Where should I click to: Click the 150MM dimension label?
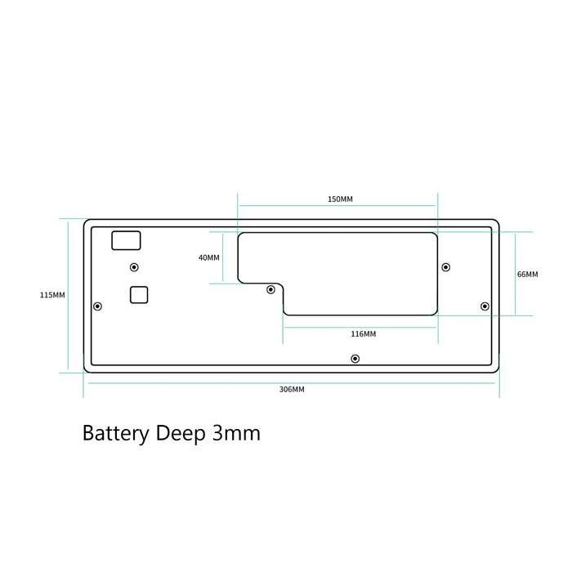(340, 199)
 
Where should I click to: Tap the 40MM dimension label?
(209, 258)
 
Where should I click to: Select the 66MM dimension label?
(528, 275)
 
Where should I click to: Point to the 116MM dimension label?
(364, 333)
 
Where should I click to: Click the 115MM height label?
(52, 295)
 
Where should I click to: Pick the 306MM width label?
(292, 389)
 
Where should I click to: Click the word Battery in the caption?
(116, 434)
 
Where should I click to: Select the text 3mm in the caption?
(236, 433)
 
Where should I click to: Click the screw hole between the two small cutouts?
(134, 267)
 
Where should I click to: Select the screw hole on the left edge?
(97, 306)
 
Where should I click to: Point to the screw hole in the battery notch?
(270, 289)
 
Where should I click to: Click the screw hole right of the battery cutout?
(446, 267)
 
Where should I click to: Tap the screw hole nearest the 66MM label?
(485, 306)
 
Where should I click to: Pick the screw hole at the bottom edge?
(355, 359)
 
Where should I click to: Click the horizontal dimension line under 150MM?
(337, 206)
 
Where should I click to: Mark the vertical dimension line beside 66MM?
(516, 274)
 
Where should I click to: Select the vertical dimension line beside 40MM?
(222, 258)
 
